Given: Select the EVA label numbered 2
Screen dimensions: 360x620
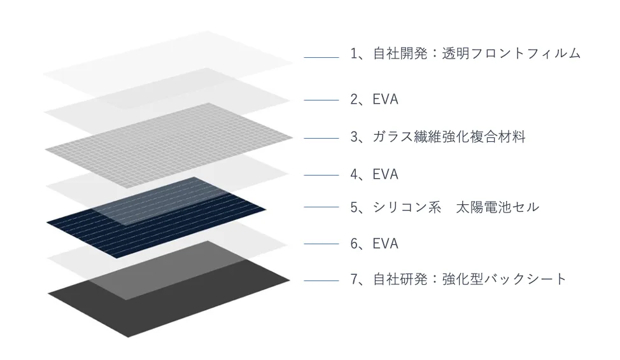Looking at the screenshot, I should point(386,99).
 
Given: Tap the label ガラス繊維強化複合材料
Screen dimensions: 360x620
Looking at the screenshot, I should point(449,137).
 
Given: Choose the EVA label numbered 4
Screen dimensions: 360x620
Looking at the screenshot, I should point(386,174).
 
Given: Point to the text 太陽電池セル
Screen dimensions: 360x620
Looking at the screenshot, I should point(497,207).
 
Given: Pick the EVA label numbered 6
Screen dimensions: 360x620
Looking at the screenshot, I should point(386,244).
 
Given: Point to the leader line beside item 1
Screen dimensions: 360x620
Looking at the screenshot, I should point(321,58).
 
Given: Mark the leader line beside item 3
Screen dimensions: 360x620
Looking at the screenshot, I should point(321,137).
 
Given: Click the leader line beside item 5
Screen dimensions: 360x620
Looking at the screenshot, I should point(321,207).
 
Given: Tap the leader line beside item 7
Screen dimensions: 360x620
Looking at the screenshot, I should point(321,280).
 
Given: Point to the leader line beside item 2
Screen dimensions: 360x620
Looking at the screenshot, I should point(321,100).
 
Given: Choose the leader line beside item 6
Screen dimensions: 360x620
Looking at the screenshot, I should point(321,244).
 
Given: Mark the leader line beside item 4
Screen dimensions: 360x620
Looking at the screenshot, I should point(321,175).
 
